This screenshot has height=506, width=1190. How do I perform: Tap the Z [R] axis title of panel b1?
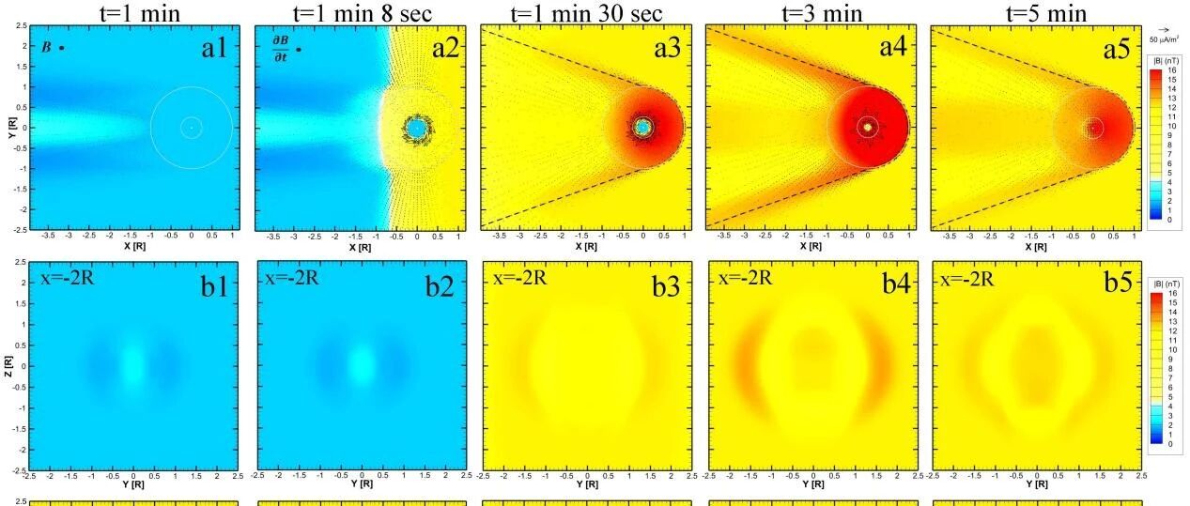[x=8, y=365]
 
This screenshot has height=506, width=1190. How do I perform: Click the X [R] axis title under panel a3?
[x=585, y=247]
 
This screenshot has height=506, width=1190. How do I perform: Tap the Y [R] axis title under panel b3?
[x=586, y=484]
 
